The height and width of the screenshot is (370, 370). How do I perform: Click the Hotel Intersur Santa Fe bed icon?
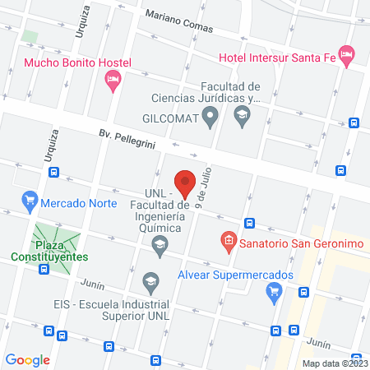[347, 56]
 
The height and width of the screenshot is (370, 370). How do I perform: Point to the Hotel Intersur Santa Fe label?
[279, 57]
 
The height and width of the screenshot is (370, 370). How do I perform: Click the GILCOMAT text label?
[170, 119]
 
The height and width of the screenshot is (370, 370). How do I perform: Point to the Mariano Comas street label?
[178, 21]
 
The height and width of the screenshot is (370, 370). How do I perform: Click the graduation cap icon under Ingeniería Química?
[160, 243]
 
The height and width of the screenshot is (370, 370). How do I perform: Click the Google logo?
[27, 359]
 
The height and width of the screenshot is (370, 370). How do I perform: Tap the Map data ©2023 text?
[333, 363]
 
